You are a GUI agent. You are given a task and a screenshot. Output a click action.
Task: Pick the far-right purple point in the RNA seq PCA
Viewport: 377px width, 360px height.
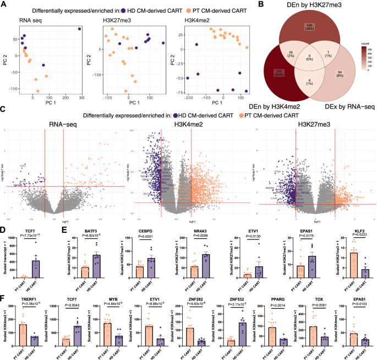click(x=80, y=29)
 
